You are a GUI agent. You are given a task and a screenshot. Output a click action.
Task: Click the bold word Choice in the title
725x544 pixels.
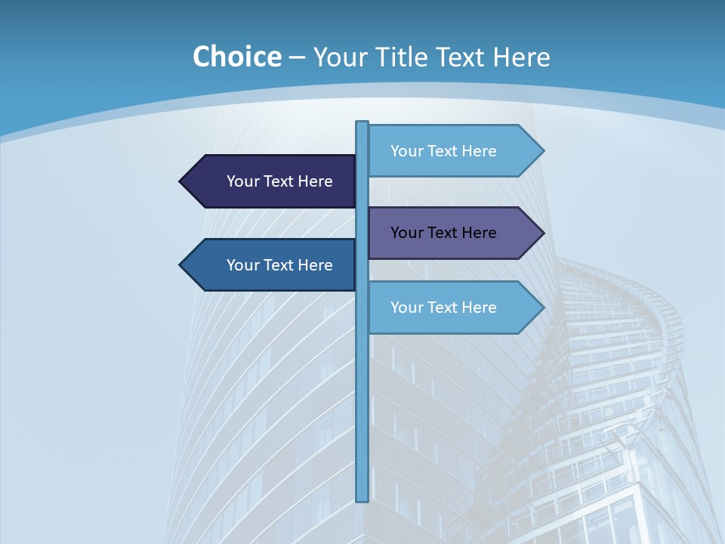point(236,57)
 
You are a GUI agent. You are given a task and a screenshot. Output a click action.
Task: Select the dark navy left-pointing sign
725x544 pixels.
point(272,181)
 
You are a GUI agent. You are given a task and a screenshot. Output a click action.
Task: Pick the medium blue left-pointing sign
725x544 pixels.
point(272,265)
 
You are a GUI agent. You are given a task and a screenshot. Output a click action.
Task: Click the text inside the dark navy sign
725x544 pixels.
point(279,181)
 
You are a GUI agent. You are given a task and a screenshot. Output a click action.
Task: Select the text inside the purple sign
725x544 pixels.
point(443,233)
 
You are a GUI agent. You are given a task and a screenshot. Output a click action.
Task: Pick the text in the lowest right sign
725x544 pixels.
point(443,308)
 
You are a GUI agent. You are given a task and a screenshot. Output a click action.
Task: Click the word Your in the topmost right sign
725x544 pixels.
point(406,151)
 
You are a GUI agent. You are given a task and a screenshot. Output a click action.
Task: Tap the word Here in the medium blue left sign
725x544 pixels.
point(315,265)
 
